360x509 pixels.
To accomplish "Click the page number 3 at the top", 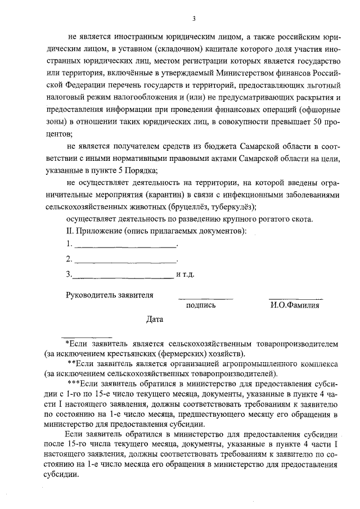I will (193, 17).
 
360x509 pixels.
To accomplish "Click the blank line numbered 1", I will (125, 246).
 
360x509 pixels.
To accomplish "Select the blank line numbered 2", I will (125, 262).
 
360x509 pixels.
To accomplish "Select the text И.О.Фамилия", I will (294, 306).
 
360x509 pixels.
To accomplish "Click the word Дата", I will (154, 319).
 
